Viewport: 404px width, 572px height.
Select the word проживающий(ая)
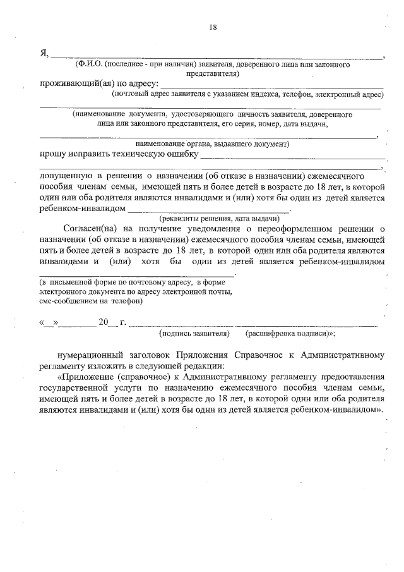pyautogui.click(x=74, y=83)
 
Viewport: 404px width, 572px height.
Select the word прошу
pyautogui.click(x=53, y=154)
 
